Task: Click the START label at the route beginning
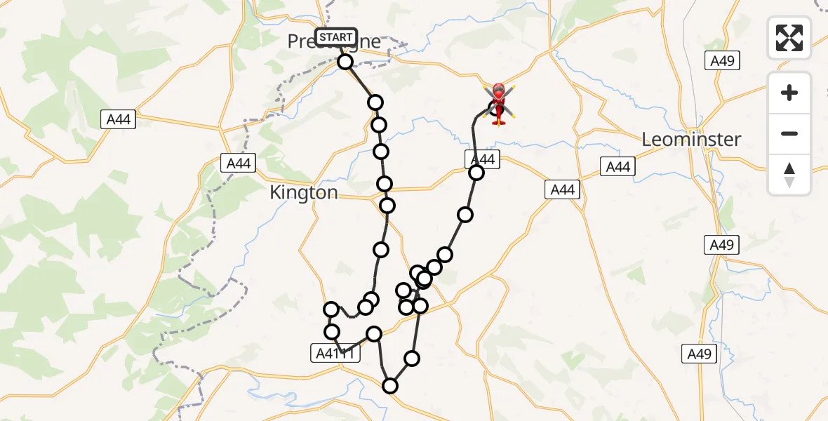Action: (336, 37)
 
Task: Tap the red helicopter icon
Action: (498, 103)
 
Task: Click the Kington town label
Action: (304, 192)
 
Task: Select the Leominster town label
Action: (691, 139)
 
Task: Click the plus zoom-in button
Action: (789, 93)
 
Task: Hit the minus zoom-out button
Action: (789, 133)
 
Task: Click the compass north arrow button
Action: (789, 175)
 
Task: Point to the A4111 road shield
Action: (335, 354)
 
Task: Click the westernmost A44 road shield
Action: (118, 120)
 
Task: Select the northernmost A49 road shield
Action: (721, 61)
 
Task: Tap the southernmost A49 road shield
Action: (700, 354)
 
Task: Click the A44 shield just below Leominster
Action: (617, 166)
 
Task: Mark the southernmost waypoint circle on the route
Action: (389, 385)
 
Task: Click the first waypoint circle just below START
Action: (345, 62)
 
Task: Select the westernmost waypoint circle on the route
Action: (331, 309)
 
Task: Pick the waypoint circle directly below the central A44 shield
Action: (476, 173)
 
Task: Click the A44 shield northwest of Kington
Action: (239, 163)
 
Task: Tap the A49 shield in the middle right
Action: (721, 244)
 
